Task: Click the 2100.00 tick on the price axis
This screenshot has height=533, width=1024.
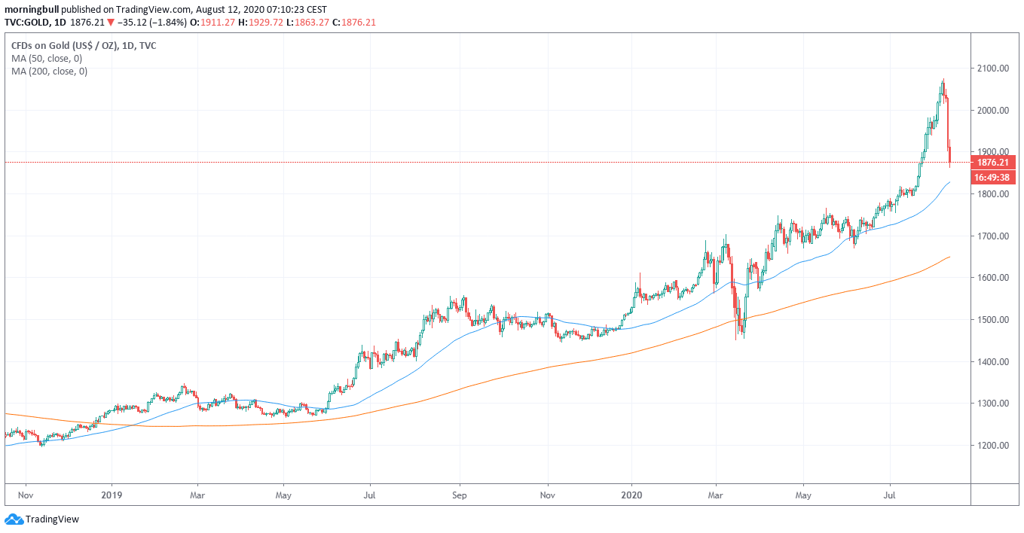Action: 993,69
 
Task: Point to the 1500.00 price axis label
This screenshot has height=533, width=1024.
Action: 993,320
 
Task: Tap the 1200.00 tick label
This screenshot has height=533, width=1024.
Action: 993,446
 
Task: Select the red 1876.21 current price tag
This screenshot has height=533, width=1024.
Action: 993,162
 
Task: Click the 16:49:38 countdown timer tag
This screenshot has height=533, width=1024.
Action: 993,178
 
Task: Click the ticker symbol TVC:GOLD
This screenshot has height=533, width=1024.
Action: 28,23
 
